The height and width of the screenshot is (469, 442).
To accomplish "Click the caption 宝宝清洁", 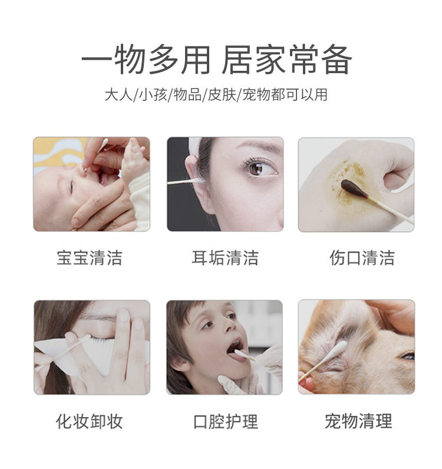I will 90,258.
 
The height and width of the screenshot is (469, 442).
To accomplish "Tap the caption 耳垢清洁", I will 225,258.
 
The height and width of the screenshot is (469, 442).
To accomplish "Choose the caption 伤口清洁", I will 361,258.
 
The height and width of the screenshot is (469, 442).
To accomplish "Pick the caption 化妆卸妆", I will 90,421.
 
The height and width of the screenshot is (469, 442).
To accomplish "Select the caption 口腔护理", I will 225,421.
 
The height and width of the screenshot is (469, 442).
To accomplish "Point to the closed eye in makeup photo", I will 101,339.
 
